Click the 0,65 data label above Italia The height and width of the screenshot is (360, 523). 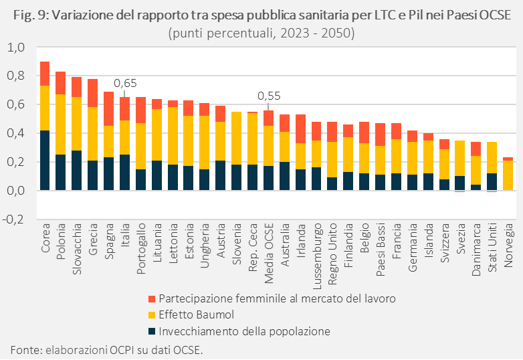[x=125, y=84]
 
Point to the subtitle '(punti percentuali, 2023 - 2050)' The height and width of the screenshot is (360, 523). [x=261, y=32]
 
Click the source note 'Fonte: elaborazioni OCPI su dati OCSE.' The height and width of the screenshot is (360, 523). [x=106, y=349]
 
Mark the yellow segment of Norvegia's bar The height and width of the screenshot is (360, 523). [x=508, y=175]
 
